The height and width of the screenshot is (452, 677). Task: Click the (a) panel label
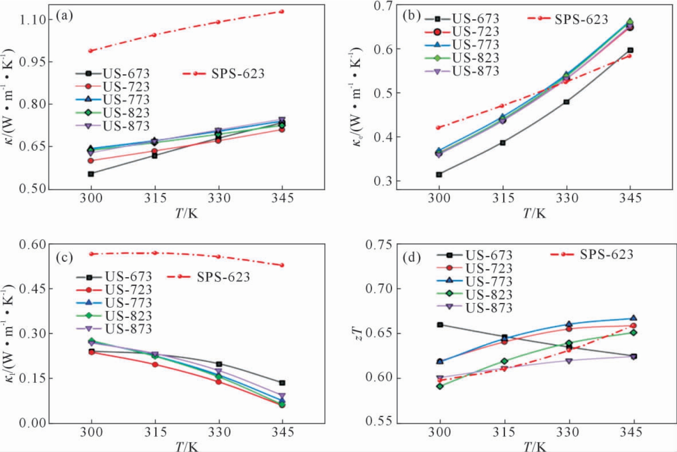(64, 16)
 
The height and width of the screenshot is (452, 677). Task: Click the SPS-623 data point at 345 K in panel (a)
(282, 12)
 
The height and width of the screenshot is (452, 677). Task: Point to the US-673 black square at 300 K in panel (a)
(91, 174)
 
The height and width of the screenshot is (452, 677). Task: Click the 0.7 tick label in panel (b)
(384, 6)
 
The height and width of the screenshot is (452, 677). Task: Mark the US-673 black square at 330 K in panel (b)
(567, 102)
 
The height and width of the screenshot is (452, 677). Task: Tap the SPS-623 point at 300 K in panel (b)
(439, 128)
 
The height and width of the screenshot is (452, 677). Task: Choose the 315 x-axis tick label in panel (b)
(503, 198)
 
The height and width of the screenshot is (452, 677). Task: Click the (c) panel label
(64, 257)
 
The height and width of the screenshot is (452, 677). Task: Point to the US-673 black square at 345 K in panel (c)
(282, 383)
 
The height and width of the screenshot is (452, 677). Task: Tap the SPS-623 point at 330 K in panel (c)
(219, 257)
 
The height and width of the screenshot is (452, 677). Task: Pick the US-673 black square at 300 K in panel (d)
(440, 325)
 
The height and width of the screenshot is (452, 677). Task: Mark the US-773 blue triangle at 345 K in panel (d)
(633, 318)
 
